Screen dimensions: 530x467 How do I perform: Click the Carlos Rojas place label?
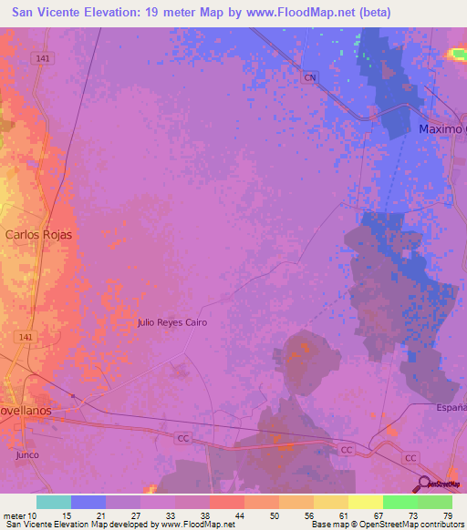pyautogui.click(x=38, y=234)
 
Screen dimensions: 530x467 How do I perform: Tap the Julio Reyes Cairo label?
pyautogui.click(x=172, y=322)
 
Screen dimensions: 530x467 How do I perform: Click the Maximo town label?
pyautogui.click(x=441, y=129)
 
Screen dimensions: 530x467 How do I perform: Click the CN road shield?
pyautogui.click(x=310, y=77)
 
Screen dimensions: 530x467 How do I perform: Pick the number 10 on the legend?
pyautogui.click(x=33, y=515)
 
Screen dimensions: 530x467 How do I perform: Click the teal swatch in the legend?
pyautogui.click(x=54, y=502)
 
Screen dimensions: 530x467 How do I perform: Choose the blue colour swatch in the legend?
pyautogui.click(x=88, y=502)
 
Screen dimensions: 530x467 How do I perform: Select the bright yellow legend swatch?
pyautogui.click(x=365, y=502)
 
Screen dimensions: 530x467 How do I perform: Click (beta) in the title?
pyautogui.click(x=372, y=13)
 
